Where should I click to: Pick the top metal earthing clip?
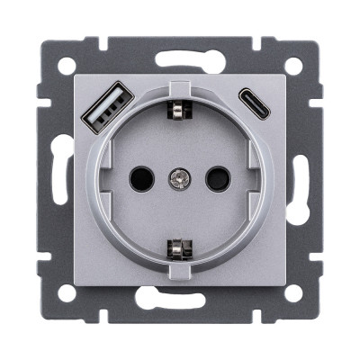pos(176,110)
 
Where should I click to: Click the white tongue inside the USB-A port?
pos(95,111)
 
